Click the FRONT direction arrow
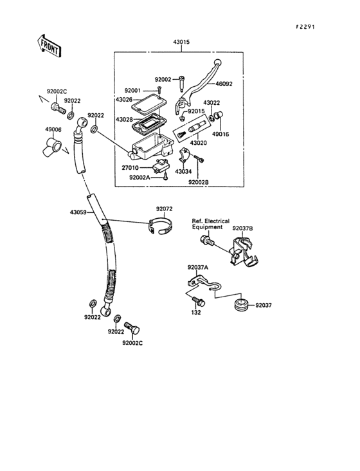tap(50, 46)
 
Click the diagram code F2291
tap(305, 27)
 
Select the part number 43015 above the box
tap(181, 42)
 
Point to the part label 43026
tap(124, 99)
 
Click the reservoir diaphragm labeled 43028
tap(148, 124)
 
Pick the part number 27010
tap(130, 168)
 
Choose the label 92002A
tap(139, 178)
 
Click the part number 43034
tap(183, 172)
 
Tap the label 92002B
tap(199, 182)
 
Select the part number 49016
tap(221, 134)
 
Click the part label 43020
tap(198, 143)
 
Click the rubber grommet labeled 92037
tap(241, 306)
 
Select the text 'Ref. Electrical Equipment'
tap(211, 224)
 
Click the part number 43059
tap(78, 212)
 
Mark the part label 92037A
tap(198, 267)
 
